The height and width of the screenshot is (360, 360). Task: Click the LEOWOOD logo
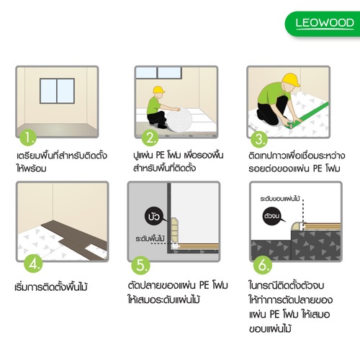coord(325,22)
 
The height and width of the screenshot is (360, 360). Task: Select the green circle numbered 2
coord(150,138)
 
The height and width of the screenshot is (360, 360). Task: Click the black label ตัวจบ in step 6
coord(272,214)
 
